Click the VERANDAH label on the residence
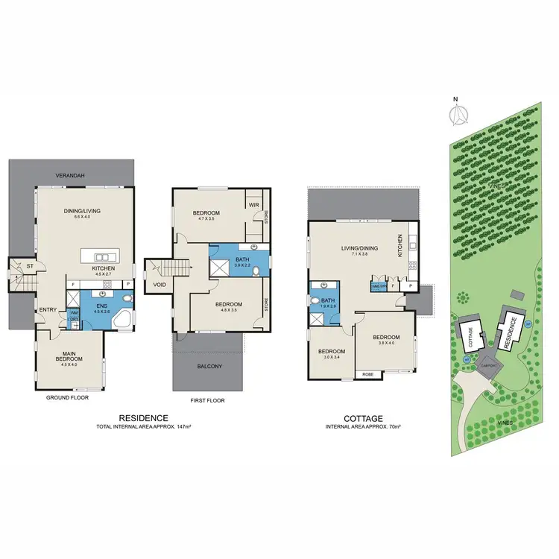[x=72, y=175]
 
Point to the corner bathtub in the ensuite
[x=124, y=320]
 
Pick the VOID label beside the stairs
[x=159, y=284]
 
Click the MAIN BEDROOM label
[x=72, y=356]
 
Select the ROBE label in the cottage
[x=367, y=374]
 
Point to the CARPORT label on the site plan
[x=489, y=366]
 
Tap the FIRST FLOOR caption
[x=207, y=400]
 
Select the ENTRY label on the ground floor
[x=48, y=309]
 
